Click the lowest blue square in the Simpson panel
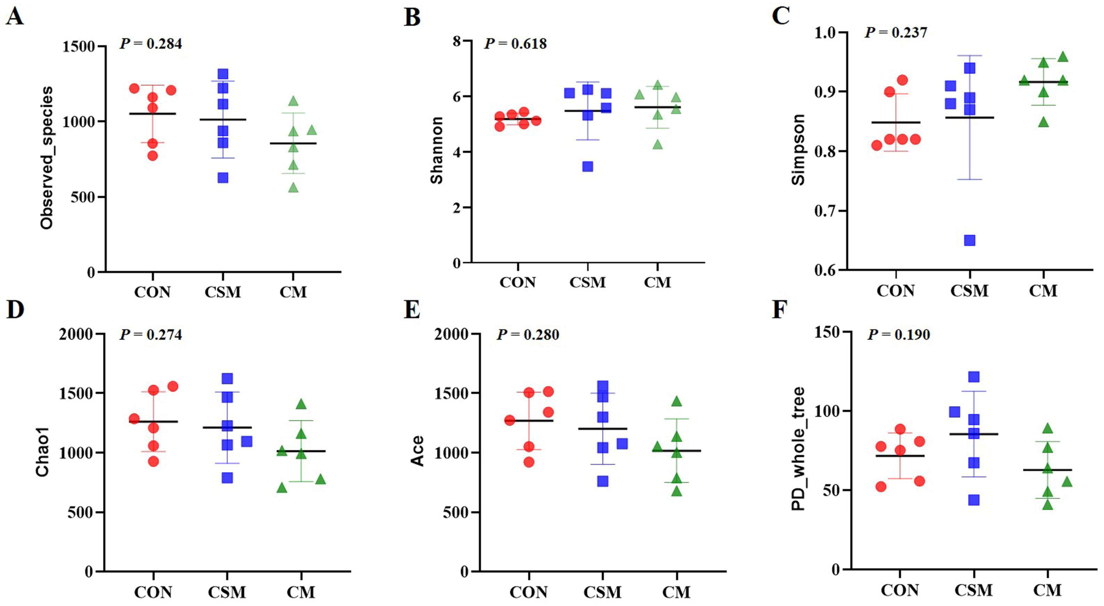(969, 240)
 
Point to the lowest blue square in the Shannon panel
(588, 166)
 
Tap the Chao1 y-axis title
(42, 452)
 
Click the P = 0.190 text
(899, 335)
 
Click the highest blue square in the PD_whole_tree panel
(974, 377)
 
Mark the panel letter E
(412, 310)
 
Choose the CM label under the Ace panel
(676, 592)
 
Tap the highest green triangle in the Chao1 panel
(301, 404)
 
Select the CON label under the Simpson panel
(895, 291)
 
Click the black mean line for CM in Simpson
(1043, 82)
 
